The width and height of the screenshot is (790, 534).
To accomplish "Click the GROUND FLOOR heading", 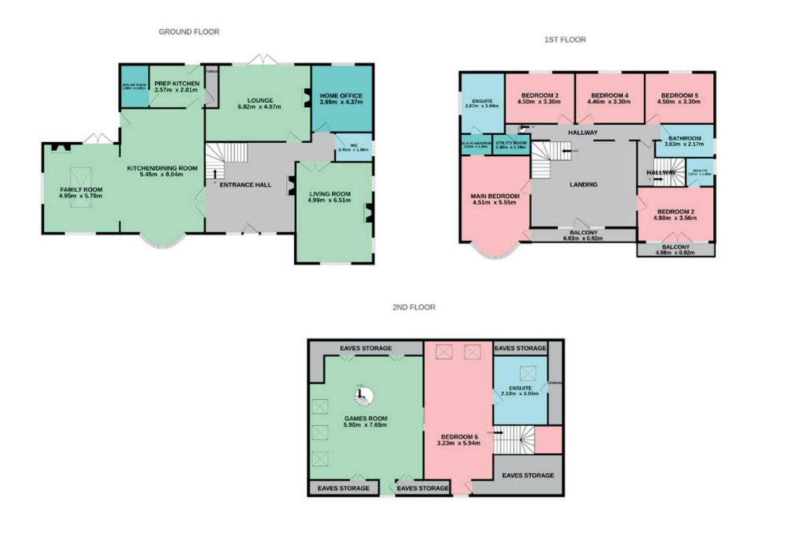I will (x=189, y=31).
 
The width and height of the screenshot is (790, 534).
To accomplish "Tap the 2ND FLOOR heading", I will (x=414, y=308).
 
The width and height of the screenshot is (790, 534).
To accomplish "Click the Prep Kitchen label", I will (x=176, y=83).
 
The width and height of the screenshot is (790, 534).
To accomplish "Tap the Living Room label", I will (x=329, y=194).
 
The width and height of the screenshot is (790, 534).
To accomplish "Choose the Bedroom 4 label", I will (x=610, y=94).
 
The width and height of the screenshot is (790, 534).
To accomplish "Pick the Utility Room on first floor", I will (x=512, y=145).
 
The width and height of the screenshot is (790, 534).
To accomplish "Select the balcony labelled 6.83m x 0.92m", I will (x=582, y=238).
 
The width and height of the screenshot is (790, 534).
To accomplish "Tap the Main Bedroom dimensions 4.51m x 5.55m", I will (x=494, y=203).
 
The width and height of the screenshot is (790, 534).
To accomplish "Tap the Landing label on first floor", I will (x=582, y=185).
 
